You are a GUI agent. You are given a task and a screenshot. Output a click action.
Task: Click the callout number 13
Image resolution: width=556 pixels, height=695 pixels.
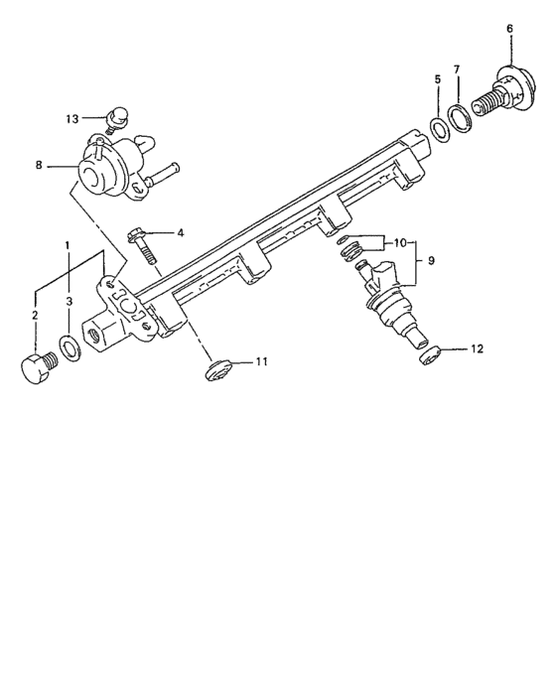click(x=72, y=118)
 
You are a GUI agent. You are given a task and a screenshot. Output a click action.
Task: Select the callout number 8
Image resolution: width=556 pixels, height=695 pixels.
click(x=39, y=166)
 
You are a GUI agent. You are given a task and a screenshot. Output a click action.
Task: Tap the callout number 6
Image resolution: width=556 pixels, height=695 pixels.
click(x=509, y=29)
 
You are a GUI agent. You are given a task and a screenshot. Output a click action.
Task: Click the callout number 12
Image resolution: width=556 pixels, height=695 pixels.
click(x=478, y=348)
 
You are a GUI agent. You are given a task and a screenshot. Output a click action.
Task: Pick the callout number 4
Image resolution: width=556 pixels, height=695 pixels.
click(x=180, y=233)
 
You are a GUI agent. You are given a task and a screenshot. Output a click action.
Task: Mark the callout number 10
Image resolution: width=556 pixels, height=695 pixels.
click(x=400, y=242)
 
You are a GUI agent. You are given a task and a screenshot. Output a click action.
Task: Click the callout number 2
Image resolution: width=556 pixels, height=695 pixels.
click(x=35, y=315)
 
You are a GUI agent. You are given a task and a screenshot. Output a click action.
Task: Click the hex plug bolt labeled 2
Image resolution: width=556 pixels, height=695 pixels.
click(x=38, y=366)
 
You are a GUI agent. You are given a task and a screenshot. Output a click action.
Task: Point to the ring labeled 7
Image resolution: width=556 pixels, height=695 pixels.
click(x=459, y=117)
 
